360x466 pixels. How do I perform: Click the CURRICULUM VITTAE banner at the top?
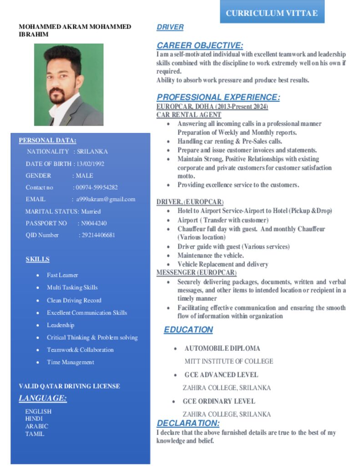coord(272,13)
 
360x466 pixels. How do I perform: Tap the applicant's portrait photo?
coord(69,85)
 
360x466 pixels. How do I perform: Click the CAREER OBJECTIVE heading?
coord(199,46)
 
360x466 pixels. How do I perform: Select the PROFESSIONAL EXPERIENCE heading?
coord(218,97)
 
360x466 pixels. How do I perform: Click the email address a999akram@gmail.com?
coord(106,199)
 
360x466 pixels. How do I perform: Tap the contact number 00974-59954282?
coord(96,187)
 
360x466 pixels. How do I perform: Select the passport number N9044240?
coord(94,223)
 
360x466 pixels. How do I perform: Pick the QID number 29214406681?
coord(98,235)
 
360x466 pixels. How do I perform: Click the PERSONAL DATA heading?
coord(47,141)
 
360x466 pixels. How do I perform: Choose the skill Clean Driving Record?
coord(74,300)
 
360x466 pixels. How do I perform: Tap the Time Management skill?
coord(70,362)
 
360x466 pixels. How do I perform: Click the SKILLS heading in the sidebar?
coord(37,259)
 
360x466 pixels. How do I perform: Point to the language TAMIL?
coord(35,434)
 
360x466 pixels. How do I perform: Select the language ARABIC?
coord(36,426)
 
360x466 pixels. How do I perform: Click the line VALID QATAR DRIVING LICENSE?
coord(69,386)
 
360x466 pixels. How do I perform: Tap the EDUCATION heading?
coord(188,330)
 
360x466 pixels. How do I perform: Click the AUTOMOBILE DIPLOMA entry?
coord(222,349)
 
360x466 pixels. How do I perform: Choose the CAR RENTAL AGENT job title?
coord(188,115)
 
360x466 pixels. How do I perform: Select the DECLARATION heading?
coord(188,424)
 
